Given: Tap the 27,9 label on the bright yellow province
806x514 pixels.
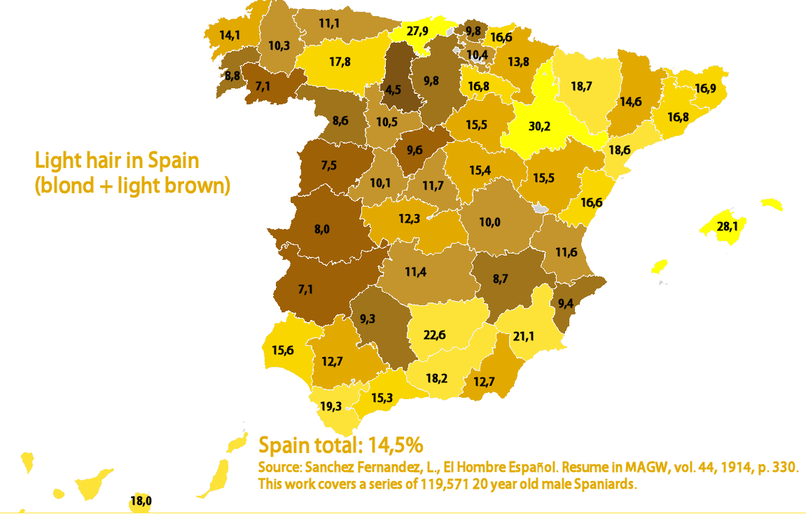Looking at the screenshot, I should [417, 31].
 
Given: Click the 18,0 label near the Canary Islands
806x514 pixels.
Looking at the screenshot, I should [141, 501].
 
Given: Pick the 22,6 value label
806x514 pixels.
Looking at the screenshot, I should [435, 335].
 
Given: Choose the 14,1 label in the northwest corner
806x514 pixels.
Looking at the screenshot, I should [230, 35].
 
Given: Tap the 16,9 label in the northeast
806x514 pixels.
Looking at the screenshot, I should [705, 89].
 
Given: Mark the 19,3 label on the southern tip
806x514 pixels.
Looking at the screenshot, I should [331, 405].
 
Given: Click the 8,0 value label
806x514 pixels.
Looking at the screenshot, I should [322, 228].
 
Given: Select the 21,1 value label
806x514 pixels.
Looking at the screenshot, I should [524, 337].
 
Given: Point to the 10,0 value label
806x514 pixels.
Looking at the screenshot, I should [490, 222].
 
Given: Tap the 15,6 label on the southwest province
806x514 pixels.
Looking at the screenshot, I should [282, 350].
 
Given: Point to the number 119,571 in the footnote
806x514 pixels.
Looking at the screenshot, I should [447, 484].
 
